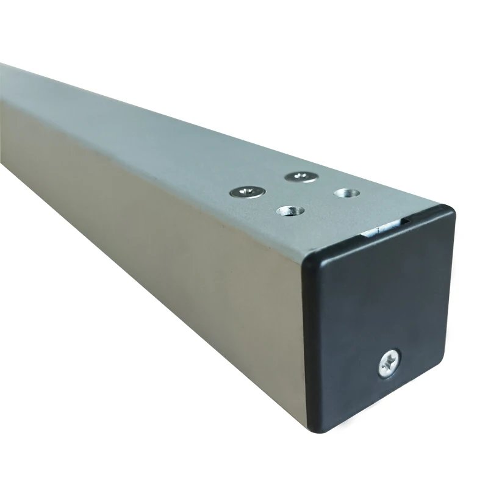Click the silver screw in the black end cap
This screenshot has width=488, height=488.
388,364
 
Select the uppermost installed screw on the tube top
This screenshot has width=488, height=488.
301,177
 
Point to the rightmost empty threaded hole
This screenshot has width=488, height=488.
346,193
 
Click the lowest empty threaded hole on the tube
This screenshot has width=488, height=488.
290,211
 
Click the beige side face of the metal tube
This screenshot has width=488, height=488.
152,232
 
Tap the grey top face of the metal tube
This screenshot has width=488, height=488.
183,140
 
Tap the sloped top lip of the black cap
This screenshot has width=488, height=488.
378,235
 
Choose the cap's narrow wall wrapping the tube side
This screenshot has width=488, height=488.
307,342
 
